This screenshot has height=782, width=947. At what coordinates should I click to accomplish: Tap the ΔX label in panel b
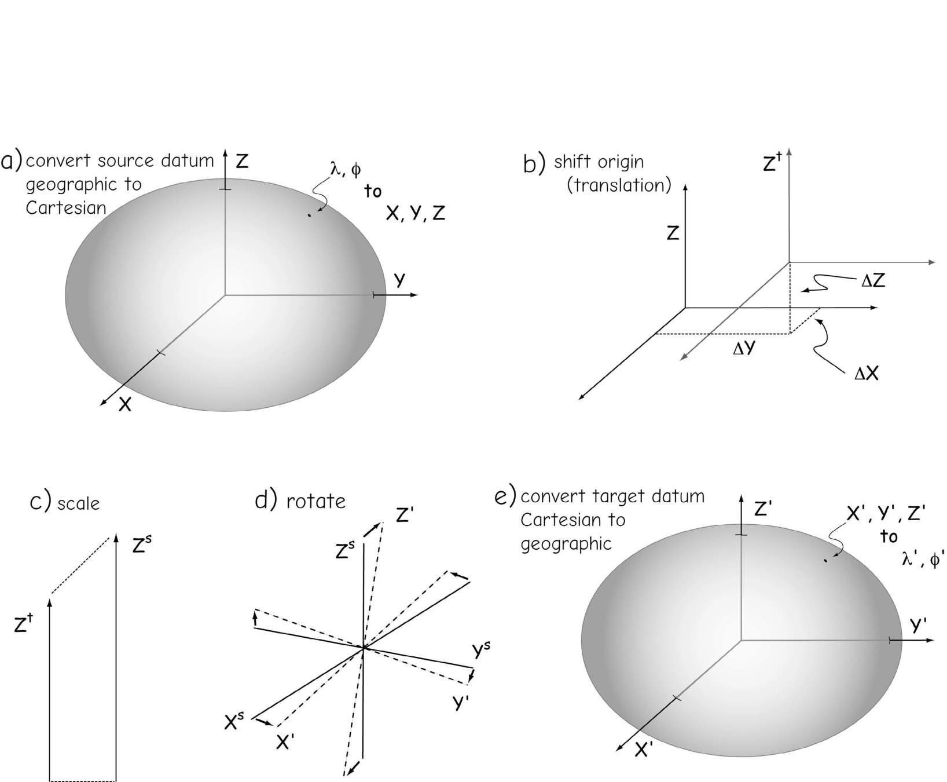(x=867, y=374)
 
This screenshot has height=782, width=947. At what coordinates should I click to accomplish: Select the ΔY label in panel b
(x=744, y=349)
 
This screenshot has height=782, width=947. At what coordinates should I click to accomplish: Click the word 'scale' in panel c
(x=79, y=503)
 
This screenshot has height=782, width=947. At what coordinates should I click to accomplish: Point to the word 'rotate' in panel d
(x=315, y=500)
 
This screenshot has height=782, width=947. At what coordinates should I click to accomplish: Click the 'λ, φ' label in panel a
(x=345, y=169)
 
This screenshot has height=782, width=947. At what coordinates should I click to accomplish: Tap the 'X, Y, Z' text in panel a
(x=416, y=214)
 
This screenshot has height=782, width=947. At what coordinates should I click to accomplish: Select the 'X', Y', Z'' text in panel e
(x=886, y=514)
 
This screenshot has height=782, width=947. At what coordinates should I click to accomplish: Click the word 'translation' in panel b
(x=619, y=185)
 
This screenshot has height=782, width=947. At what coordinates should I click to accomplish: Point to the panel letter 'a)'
(x=12, y=160)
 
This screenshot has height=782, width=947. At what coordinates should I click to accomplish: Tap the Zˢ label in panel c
(x=142, y=545)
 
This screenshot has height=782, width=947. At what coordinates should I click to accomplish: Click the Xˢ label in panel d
(x=234, y=722)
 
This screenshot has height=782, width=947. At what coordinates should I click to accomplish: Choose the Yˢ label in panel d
(x=482, y=650)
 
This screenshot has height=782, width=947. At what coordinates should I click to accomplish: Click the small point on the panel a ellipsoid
(x=310, y=215)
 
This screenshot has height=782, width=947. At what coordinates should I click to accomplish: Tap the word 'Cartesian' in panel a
(x=65, y=208)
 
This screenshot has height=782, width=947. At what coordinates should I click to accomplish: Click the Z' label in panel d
(x=403, y=514)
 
